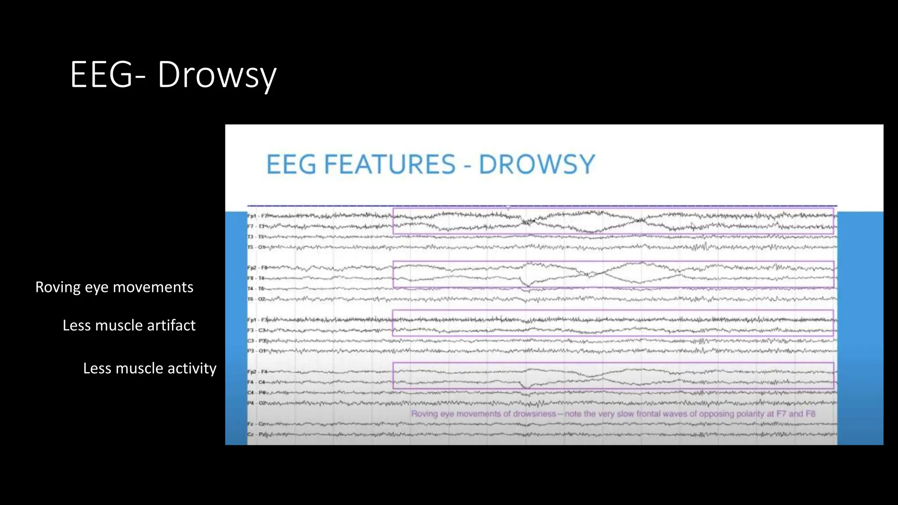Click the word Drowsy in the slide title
217,75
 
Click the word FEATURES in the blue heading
390,165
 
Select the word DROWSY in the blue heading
536,165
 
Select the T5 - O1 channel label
257,247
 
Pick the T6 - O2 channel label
257,299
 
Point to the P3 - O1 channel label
257,351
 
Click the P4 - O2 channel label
257,403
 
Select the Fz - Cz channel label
256,424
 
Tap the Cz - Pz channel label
256,434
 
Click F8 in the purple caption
810,414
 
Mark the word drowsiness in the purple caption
535,414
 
